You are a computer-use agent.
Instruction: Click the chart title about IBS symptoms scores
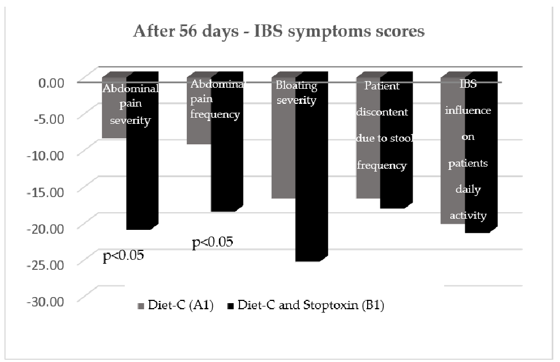click(x=279, y=32)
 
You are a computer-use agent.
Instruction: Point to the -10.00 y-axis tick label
click(x=48, y=154)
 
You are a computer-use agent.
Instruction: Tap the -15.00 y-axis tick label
click(x=48, y=191)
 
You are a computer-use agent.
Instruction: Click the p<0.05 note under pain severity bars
click(x=123, y=256)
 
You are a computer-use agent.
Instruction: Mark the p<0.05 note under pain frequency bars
click(x=212, y=242)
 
